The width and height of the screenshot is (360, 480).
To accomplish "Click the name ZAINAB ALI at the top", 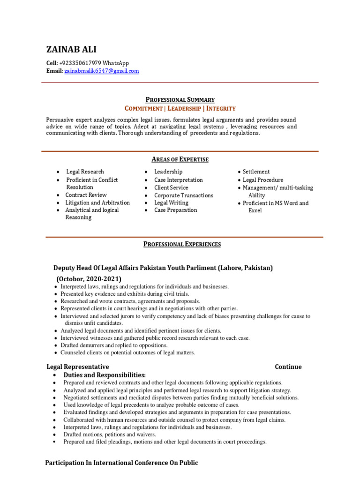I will tap(71, 50).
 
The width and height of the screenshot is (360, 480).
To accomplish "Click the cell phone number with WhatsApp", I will tap(94, 63).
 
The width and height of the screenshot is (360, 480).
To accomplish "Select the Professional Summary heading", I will tap(180, 99).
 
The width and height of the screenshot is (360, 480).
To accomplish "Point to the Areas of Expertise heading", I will tap(180, 159).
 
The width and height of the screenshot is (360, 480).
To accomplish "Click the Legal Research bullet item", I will tap(85, 172).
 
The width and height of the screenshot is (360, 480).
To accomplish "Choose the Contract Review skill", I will tap(86, 195).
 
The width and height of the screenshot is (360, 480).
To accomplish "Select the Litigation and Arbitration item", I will tap(97, 202).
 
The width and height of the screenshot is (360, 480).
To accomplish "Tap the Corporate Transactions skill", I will tap(183, 195).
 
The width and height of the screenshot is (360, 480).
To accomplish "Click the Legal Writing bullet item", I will tap(171, 202).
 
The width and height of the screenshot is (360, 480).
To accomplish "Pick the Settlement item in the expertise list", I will tap(256, 172).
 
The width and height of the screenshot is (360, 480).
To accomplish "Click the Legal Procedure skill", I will tap(262, 180).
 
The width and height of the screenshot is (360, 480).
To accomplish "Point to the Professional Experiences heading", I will tap(182, 244).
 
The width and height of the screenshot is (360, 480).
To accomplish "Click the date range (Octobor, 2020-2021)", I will tap(89, 278).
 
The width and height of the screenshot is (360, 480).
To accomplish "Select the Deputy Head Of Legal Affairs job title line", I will tap(163, 268).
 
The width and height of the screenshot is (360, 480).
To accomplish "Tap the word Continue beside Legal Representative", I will tap(288, 367).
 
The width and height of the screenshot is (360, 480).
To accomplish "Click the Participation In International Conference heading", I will tap(121, 463).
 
